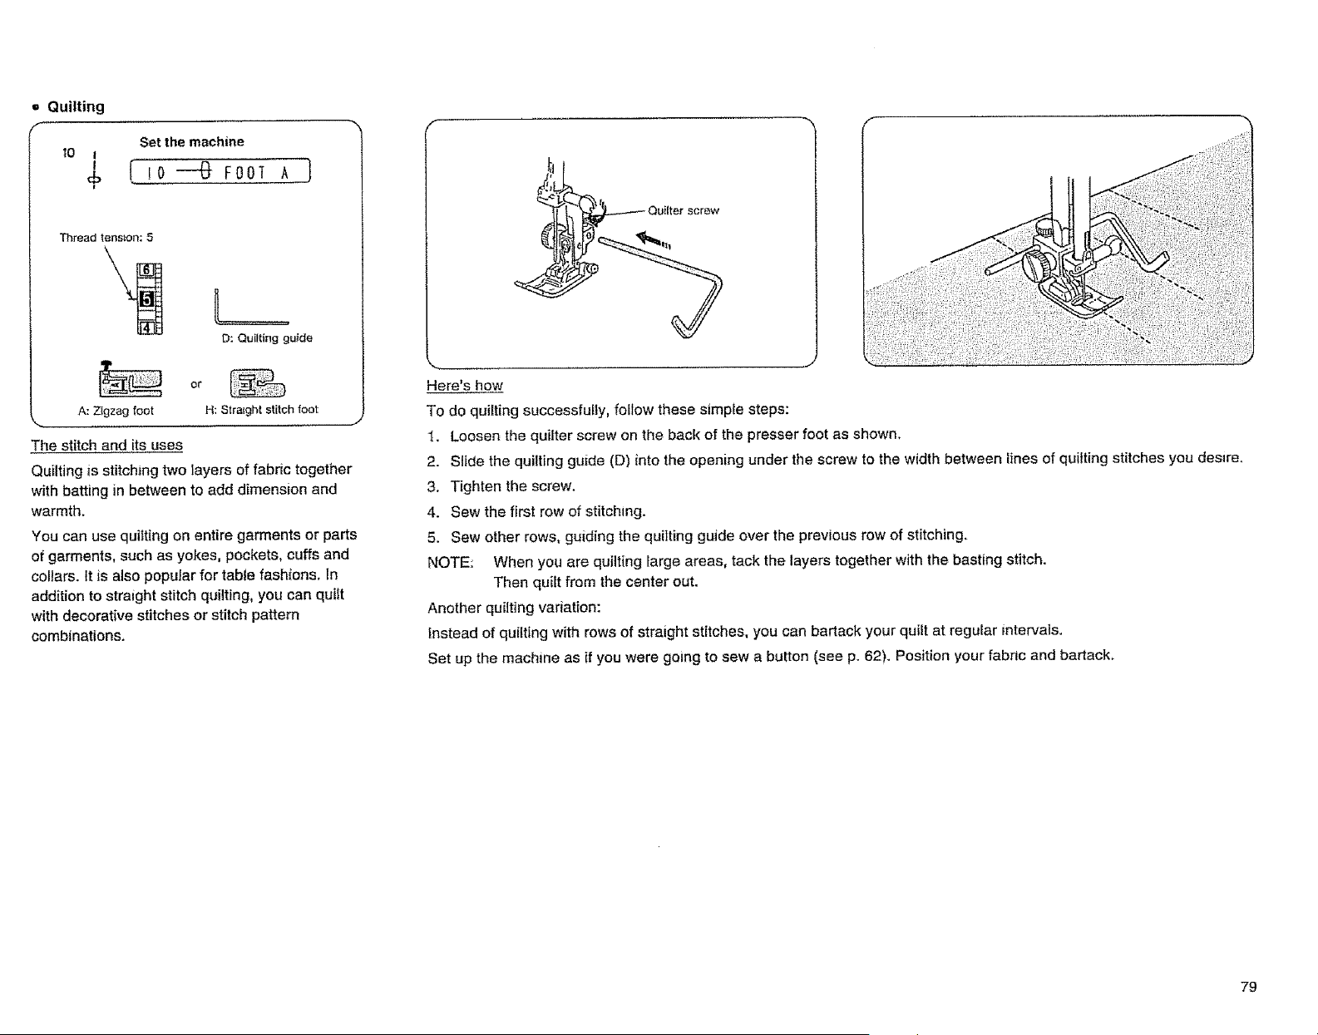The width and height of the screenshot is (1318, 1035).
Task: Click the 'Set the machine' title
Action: point(191,142)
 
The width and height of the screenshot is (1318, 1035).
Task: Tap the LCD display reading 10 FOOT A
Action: point(220,171)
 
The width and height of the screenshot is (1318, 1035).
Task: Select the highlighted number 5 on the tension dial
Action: point(146,299)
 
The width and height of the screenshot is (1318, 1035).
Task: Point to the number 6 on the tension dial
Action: point(146,270)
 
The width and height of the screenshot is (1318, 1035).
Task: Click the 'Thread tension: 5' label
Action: point(106,238)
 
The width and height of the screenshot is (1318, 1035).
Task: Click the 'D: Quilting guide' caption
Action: point(267,338)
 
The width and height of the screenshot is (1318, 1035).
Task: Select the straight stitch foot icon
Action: point(258,384)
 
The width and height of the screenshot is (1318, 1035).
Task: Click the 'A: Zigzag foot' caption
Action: point(116,411)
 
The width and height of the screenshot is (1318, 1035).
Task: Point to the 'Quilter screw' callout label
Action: point(684,210)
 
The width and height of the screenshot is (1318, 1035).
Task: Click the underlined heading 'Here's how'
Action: point(465,386)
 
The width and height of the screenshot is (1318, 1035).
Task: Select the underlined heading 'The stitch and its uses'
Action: point(106,445)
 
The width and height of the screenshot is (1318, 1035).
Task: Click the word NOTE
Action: point(450,562)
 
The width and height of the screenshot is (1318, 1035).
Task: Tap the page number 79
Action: point(1248,987)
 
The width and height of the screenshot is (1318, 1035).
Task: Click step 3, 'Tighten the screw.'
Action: point(512,486)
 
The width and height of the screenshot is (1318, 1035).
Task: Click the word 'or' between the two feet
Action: point(196,384)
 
